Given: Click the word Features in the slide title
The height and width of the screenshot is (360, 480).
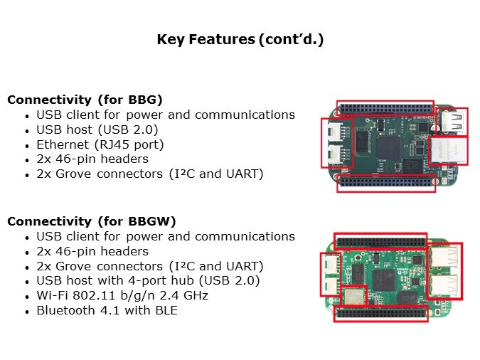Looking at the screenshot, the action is (222, 39).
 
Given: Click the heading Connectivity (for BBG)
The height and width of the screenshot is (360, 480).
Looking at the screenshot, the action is (85, 100).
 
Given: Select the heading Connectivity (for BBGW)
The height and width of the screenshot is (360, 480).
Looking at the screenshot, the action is (92, 221).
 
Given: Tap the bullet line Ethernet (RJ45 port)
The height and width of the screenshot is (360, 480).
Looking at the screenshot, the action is (100, 144).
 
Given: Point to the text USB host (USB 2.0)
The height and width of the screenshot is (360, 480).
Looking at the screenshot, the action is (97, 129).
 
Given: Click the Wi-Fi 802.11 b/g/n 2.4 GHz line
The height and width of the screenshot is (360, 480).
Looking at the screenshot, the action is (122, 295).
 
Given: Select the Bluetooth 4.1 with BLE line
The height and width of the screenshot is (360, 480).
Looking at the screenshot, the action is (107, 310).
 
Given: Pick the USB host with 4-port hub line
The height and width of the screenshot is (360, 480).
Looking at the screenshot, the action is (148, 280).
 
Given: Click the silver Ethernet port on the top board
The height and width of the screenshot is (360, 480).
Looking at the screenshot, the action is (449, 151).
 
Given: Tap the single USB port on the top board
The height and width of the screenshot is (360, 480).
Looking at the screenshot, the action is (452, 122).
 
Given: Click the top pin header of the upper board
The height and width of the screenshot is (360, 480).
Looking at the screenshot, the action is (385, 108).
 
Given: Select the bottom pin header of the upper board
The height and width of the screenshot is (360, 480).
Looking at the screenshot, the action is (386, 183).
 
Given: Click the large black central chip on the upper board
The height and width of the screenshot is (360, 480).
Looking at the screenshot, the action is (388, 149).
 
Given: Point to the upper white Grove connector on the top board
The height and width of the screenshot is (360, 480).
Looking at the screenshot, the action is (334, 132).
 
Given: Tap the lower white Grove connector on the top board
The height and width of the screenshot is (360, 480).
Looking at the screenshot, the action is (334, 155).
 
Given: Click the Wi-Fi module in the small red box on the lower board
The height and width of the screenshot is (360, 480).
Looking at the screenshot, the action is (354, 296).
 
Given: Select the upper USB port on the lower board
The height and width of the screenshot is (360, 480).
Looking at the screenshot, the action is (444, 256).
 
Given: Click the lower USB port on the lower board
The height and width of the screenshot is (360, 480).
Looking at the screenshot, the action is (444, 285).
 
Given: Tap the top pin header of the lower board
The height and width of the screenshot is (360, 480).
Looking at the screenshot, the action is (380, 242).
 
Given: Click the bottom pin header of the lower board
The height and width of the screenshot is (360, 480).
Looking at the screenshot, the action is (381, 313).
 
